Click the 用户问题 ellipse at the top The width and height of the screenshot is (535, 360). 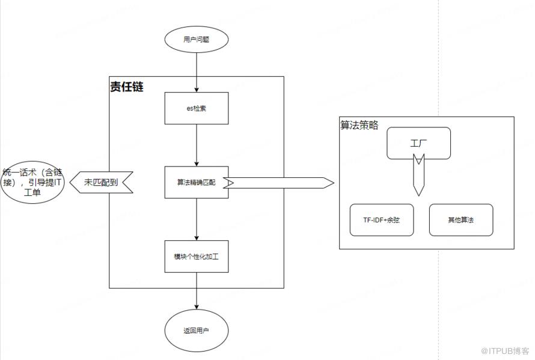196,40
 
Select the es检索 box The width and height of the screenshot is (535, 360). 196,108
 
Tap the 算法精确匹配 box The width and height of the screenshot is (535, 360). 196,182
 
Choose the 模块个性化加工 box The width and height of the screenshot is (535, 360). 196,256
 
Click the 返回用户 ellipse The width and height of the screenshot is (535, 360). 196,331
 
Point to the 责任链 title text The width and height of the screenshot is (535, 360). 127,87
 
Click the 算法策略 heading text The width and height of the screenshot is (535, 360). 359,125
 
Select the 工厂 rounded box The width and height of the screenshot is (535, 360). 418,143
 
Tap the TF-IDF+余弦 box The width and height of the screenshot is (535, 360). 382,220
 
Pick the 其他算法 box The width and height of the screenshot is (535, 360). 461,220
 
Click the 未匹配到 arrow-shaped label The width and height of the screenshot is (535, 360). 102,182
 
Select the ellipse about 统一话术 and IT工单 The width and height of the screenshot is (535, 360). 32,182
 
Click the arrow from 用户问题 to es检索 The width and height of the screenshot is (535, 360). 197,72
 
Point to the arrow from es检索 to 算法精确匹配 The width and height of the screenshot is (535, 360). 197,145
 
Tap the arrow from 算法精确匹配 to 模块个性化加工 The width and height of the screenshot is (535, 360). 197,219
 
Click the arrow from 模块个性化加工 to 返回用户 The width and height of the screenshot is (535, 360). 197,291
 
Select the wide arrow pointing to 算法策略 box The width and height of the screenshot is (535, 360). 278,183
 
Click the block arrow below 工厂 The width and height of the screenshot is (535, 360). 418,175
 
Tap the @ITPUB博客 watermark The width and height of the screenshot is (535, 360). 505,351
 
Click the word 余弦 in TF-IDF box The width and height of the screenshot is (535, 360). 393,220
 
